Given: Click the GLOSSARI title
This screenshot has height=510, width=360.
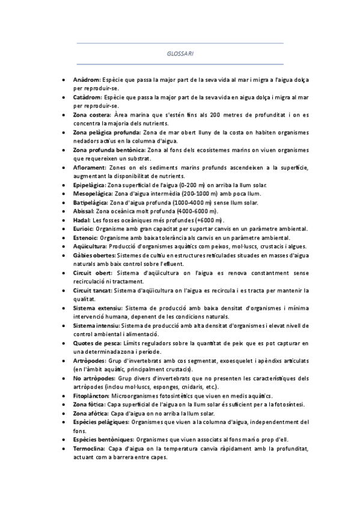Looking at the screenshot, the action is coord(180,54).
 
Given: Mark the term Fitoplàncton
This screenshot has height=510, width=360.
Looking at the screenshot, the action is coord(91,396).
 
